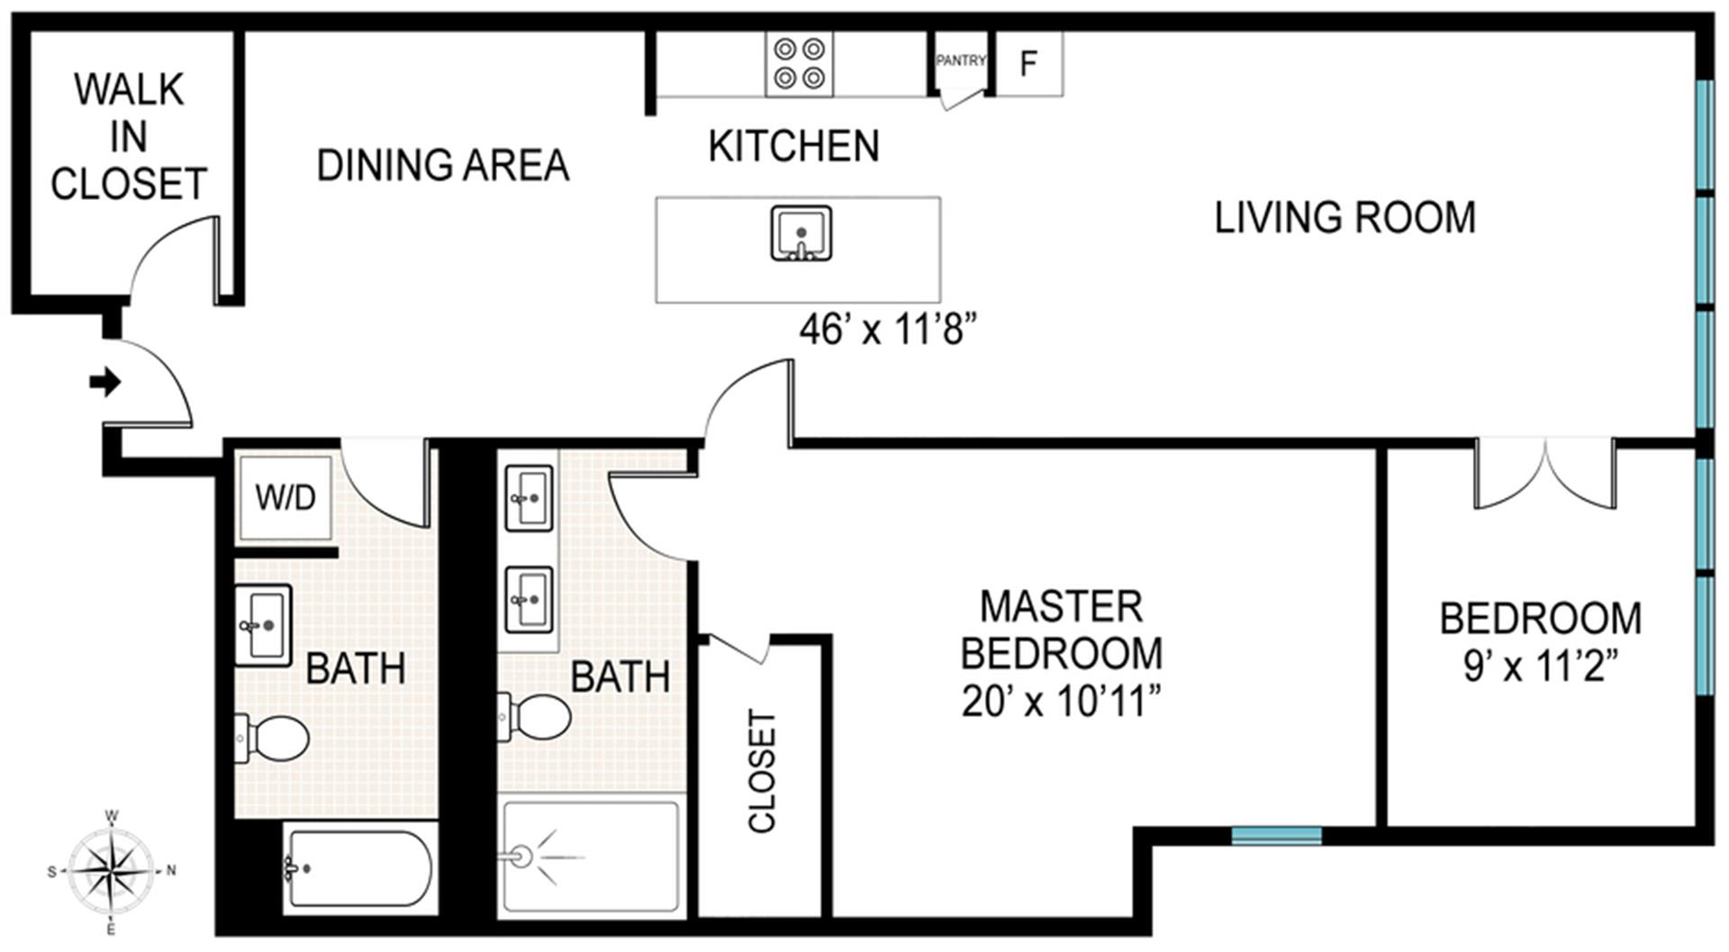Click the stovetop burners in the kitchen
800,63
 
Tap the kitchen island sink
801,233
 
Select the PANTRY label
961,60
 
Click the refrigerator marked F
1029,63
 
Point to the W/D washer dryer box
285,497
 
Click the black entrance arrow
105,382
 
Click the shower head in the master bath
521,856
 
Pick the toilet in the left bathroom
272,738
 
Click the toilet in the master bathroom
534,717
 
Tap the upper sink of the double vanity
529,498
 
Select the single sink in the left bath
263,625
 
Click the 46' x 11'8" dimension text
888,330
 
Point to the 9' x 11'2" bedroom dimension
1541,666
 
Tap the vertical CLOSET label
762,771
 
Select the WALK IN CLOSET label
129,137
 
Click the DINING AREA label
443,166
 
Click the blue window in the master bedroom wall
1276,836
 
